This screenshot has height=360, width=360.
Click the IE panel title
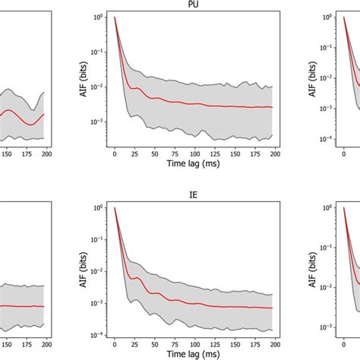(194, 194)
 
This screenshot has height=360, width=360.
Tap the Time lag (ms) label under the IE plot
(194, 355)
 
